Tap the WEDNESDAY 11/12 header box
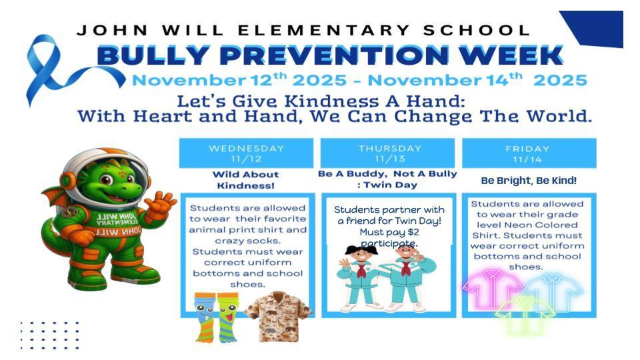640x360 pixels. coord(246,153)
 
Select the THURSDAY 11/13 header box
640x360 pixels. coord(387,153)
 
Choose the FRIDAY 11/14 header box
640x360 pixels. coord(529,153)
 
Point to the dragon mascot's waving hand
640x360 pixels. coord(161,202)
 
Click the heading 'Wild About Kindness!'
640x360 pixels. coord(246,180)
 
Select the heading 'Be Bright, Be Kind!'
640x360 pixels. coord(529,181)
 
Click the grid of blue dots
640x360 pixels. coord(49,335)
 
